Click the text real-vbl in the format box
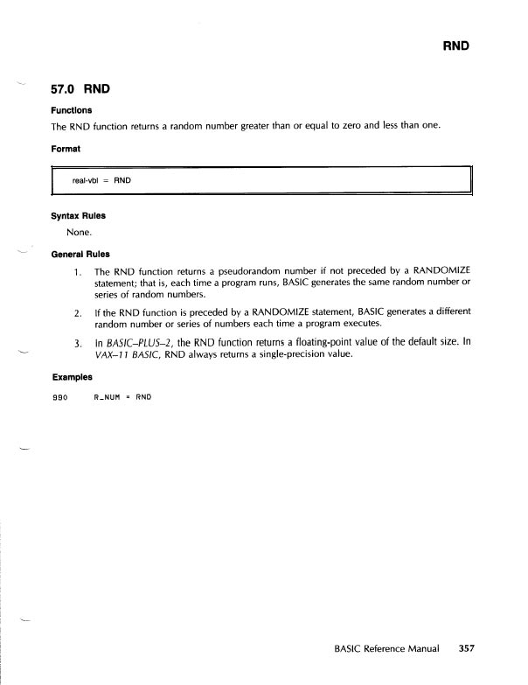88,180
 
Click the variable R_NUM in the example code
108,397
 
